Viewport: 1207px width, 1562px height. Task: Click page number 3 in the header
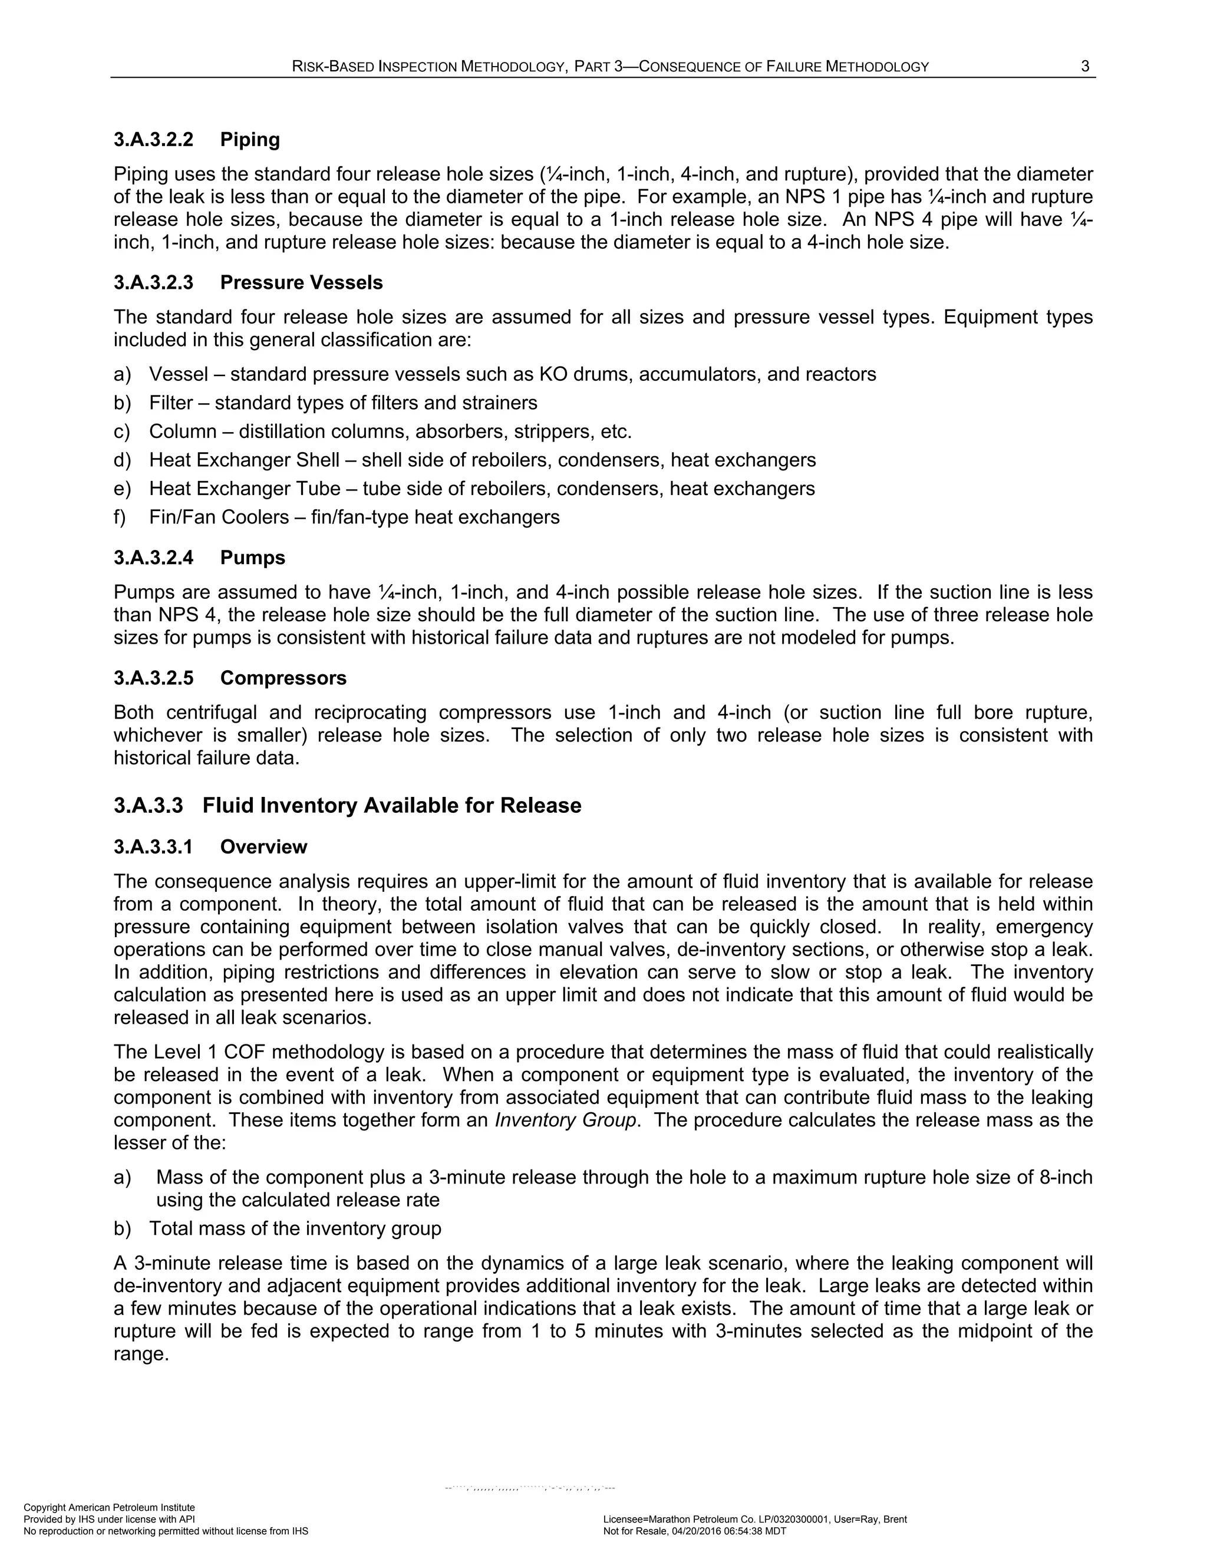coord(1085,67)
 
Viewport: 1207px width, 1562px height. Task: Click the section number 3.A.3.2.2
coord(153,140)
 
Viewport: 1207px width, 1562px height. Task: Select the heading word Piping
coord(249,140)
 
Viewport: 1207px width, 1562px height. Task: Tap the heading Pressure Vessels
coord(301,282)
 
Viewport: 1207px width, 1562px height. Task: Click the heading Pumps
coord(252,558)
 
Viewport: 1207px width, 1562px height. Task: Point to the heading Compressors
coord(283,678)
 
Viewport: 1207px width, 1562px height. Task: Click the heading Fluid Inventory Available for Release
coord(391,805)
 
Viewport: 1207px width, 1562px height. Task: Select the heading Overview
coord(263,847)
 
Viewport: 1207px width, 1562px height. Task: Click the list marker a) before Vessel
coord(122,374)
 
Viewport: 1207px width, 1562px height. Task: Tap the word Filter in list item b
coord(171,403)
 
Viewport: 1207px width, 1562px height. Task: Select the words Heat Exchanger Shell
coord(244,460)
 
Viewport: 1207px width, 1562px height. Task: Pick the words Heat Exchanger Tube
coord(245,489)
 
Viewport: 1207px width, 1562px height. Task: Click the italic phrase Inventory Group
coord(565,1120)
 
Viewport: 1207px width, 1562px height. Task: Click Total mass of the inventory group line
coord(295,1229)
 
